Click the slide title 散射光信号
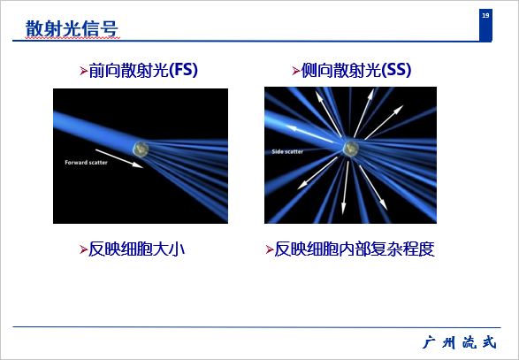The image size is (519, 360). point(72,29)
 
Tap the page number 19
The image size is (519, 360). point(485,15)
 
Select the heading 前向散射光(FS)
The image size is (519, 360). point(143,70)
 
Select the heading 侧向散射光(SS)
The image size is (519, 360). point(355,70)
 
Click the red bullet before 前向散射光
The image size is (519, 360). point(83,71)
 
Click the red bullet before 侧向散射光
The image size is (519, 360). point(296,71)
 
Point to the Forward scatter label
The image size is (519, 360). point(86,162)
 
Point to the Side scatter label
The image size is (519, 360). point(287,151)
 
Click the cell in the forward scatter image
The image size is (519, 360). point(141,149)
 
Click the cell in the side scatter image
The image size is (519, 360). point(350,148)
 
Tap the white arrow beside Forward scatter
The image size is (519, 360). point(119,158)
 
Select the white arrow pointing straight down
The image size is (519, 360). point(346,188)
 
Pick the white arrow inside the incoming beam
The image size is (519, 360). point(309,134)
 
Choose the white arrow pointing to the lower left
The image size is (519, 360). point(317,173)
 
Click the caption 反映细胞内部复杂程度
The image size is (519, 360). point(355,249)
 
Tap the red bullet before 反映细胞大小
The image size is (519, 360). point(83,249)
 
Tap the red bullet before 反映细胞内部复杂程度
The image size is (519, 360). point(270,249)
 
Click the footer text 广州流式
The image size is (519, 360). point(460,342)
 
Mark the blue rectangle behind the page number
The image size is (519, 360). point(485,25)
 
